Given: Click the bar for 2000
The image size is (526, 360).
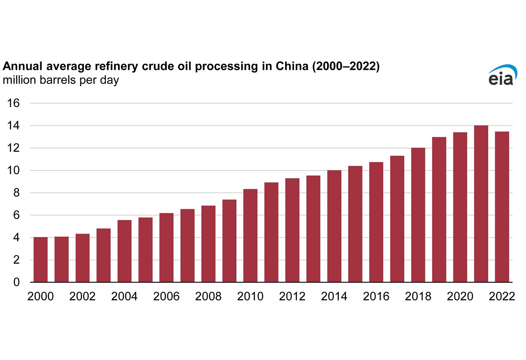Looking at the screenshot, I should (40, 259).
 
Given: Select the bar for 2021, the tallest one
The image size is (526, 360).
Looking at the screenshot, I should (481, 204).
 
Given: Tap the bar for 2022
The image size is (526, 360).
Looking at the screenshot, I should (502, 207).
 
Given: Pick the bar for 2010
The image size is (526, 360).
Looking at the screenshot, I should (250, 235).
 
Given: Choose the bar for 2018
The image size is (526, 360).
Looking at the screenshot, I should (418, 215).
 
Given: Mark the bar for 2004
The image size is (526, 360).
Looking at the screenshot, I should (124, 251).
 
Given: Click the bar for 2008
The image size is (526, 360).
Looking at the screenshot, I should (208, 244).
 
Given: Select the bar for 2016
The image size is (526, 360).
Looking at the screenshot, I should (376, 222).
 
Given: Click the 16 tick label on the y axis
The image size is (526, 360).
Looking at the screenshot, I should (13, 103).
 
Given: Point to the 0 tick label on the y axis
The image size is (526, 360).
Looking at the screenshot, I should (16, 282).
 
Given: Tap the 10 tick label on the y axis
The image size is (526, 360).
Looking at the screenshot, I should (13, 170).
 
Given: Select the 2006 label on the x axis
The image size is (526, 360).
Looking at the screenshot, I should (166, 296).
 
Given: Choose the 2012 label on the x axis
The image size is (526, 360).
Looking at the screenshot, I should (292, 296).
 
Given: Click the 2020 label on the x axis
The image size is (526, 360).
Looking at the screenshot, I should (460, 296).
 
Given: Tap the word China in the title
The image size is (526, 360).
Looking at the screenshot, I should (292, 66).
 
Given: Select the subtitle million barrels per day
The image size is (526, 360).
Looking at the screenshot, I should (60, 80).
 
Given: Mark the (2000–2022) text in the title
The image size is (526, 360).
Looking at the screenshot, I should (346, 66).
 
